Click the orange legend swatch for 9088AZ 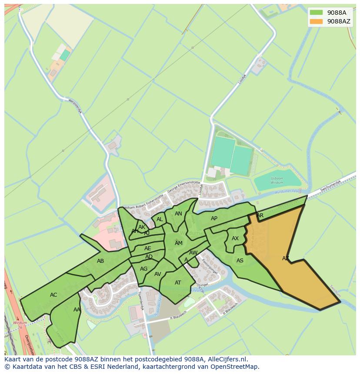point(317,21)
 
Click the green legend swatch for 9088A point(317,13)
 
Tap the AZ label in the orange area point(286,258)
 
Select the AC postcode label point(53,295)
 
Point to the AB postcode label point(100,261)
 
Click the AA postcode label point(77,310)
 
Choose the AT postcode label point(178,283)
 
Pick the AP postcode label point(214,218)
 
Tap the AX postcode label point(235,238)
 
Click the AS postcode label point(240,261)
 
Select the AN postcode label point(178,214)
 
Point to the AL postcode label point(160,219)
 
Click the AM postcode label point(179,243)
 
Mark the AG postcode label point(144,269)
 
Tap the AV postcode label point(158,274)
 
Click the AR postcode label point(260,215)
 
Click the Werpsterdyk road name point(75,106)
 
